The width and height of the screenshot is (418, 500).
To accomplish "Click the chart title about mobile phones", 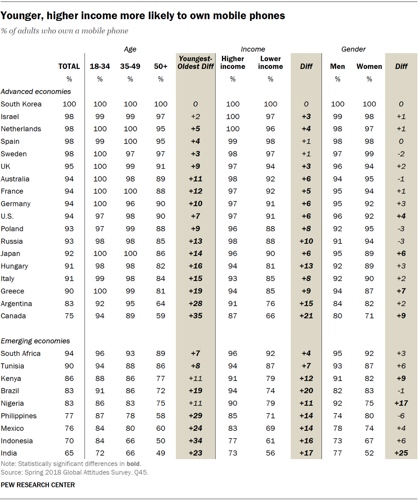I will [143, 16].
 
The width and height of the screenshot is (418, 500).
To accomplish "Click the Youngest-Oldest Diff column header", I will [195, 63].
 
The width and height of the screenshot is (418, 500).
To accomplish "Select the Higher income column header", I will [233, 63].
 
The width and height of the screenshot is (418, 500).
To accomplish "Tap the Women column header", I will [369, 67].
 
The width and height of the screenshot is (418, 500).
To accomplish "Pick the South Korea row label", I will [21, 104].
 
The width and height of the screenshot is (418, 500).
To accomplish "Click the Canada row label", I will [13, 316].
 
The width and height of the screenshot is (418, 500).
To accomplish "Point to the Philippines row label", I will [19, 416].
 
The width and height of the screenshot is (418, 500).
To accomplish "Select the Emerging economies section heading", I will [35, 341].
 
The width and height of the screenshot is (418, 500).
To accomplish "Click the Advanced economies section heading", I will [36, 92].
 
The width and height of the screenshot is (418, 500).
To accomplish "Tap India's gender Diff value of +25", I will [401, 453].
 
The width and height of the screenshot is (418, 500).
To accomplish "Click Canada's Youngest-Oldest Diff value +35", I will [195, 316].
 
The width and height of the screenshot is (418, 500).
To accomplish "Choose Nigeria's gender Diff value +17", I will [401, 403].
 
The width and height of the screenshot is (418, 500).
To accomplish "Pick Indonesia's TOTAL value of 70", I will [69, 441].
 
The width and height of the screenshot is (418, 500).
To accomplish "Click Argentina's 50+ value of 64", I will [161, 304].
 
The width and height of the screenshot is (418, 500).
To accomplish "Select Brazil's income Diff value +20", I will [306, 391].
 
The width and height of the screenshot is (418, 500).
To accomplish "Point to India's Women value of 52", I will [369, 453].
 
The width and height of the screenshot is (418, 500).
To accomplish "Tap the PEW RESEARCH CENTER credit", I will [38, 485].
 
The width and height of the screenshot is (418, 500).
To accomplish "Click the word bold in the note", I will [133, 464].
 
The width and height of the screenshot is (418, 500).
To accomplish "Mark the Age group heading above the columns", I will [130, 49].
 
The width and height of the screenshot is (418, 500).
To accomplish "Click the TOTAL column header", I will [69, 67].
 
